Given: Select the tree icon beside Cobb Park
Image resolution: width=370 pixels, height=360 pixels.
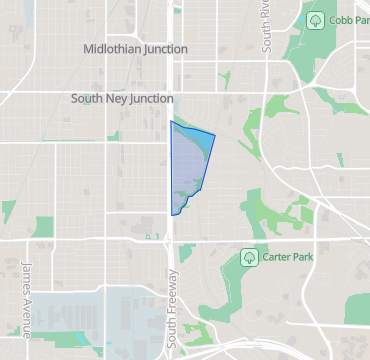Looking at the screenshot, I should (315, 19).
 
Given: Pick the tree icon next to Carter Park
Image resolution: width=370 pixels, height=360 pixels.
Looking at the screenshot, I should (250, 258).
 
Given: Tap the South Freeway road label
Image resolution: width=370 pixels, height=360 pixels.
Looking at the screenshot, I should (173, 309).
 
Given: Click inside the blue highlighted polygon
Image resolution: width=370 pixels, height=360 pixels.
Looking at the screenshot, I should (187, 165).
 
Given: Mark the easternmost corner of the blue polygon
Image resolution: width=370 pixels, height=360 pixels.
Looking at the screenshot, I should (215, 133).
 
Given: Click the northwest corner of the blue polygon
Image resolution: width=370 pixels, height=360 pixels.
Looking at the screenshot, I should (171, 121).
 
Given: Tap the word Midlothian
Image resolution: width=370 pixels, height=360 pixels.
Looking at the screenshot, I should (113, 48).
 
